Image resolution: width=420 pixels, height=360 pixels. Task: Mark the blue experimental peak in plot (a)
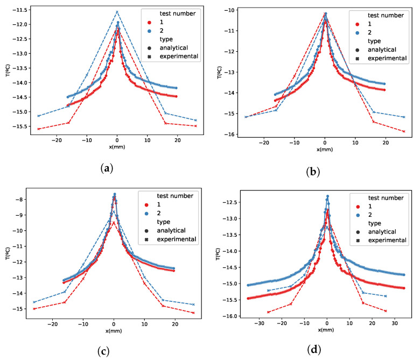[x=117, y=12]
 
